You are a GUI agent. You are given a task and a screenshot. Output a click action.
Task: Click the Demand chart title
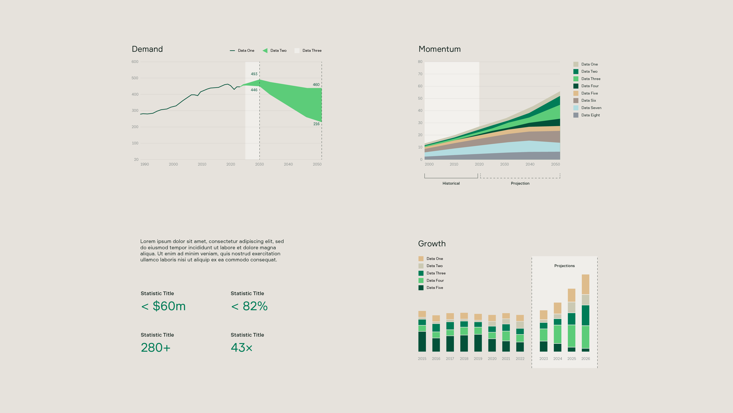pos(147,49)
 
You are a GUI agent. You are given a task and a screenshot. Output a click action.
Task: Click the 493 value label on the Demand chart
pos(254,74)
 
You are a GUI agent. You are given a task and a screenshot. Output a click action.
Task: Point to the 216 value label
pos(316,124)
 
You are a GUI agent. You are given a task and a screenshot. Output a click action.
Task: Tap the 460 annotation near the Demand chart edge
pos(316,85)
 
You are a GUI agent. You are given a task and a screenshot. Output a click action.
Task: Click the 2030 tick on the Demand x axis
pos(259,164)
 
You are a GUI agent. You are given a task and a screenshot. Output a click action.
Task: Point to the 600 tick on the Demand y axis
pos(135,61)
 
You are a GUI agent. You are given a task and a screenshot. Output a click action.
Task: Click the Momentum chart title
pos(439,49)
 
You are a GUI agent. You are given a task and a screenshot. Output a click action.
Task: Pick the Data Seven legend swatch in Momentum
pos(576,108)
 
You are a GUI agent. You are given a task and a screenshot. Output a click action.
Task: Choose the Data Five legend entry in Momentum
pos(589,93)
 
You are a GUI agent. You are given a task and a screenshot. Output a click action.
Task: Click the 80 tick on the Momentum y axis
pos(420,61)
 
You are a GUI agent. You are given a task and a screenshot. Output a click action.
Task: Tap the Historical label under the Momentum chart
pos(451,183)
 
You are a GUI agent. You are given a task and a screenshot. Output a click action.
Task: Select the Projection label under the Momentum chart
pos(520,183)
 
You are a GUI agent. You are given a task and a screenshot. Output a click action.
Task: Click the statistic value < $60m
pos(163,306)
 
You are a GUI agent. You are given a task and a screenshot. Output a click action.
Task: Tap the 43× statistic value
pos(241,347)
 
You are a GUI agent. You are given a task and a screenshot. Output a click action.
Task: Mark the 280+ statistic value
pos(156,347)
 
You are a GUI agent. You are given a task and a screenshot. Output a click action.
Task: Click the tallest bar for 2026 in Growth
pos(585,314)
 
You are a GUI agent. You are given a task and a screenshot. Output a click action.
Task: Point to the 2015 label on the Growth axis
pos(422,358)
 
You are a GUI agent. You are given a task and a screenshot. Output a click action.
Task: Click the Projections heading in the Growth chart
pos(564,266)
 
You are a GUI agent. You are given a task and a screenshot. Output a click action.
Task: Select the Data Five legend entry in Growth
pos(434,288)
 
